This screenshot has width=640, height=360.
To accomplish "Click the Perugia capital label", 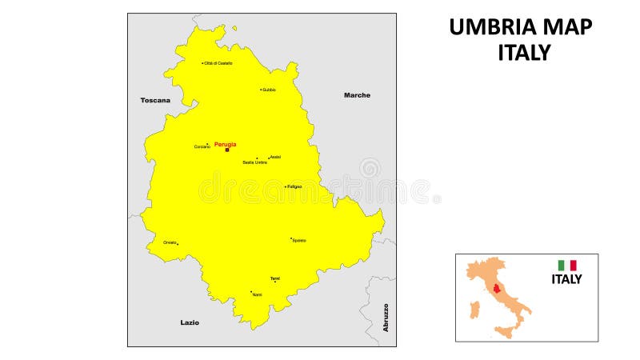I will coord(225,144).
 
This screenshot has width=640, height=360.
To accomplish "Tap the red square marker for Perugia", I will coord(226,150).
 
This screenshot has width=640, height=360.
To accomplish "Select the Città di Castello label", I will coord(218,63).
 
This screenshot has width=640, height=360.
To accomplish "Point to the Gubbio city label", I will coord(270,90).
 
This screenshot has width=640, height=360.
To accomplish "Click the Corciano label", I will coord(202,146).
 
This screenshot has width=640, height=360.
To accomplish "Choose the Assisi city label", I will coord(275,157).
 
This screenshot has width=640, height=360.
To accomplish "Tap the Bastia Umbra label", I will coord(254,162).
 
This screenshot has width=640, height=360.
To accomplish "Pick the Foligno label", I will coord(294,186).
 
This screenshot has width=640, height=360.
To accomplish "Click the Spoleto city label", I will coord(299,240).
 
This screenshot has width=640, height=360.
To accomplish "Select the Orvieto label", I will coord(170,242).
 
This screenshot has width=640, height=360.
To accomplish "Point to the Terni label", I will coord(275,278).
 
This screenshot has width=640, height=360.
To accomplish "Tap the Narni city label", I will coord(257,294).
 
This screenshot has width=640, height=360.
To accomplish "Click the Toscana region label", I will coord(155,100).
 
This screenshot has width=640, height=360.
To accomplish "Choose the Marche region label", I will coord(357,95).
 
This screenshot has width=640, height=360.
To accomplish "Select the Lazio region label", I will coord(190,322).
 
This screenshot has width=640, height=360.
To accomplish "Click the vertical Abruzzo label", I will coord(386,318).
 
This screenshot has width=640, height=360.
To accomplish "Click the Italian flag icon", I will coord(567,265).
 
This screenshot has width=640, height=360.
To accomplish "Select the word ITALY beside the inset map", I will coord(566,279).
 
